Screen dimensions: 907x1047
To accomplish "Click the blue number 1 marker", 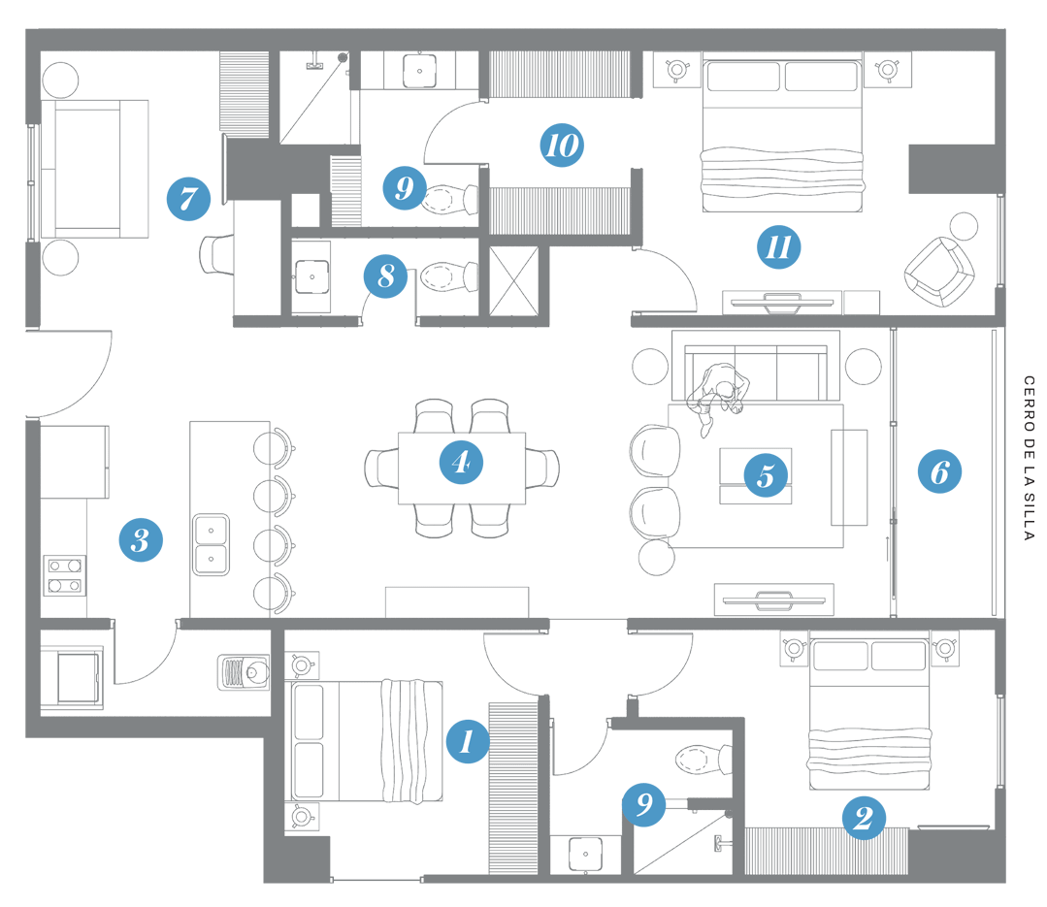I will click(x=467, y=742).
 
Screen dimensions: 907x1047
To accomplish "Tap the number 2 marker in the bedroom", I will click(x=862, y=819).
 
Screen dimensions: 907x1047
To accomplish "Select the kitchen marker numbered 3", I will click(x=141, y=539).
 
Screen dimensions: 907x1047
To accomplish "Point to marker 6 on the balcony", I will click(x=939, y=472).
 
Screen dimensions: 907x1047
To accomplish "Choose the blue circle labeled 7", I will click(x=188, y=200).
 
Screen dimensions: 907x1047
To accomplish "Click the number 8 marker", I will click(x=386, y=277).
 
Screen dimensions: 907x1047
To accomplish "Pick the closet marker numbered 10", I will click(x=562, y=146).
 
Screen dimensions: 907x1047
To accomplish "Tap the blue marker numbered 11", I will click(x=778, y=247).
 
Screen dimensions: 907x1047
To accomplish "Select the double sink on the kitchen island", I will click(x=211, y=543).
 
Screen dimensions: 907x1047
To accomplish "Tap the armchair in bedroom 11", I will click(x=939, y=272).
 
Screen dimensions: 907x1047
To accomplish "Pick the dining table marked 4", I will click(x=462, y=468).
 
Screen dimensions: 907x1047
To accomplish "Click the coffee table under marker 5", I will click(x=755, y=475).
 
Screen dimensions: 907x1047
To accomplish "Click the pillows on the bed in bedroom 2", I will click(x=870, y=657).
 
